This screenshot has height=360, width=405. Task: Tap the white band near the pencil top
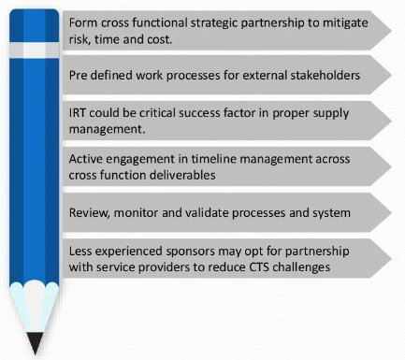pos(35,46)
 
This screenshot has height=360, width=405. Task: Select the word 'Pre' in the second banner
pos(80,73)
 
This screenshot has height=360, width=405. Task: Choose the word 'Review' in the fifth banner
pos(91,213)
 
